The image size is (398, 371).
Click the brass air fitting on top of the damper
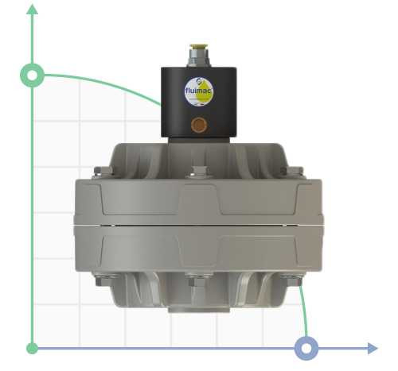pyautogui.click(x=194, y=56)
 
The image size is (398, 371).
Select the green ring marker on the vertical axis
pyautogui.click(x=32, y=75)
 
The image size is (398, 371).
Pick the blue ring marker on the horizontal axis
pyautogui.click(x=306, y=348)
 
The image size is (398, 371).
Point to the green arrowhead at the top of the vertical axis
pyautogui.click(x=32, y=10)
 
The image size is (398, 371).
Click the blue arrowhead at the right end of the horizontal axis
pyautogui.click(x=372, y=348)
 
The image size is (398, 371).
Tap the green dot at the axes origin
pyautogui.click(x=32, y=348)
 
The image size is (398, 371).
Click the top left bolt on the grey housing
pyautogui.click(x=98, y=171)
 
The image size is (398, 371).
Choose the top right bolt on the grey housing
pyautogui.click(x=292, y=171)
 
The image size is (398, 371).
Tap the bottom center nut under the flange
pyautogui.click(x=195, y=280)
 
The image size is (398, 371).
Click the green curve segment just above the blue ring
pyautogui.click(x=304, y=314)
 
